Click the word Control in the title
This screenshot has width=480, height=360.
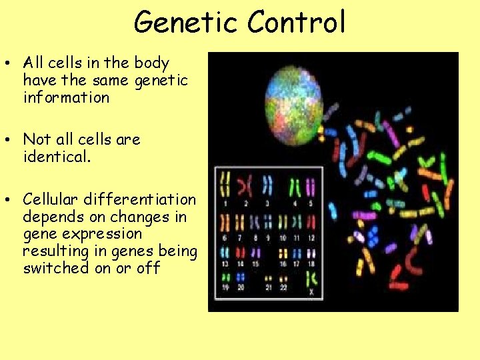(296, 22)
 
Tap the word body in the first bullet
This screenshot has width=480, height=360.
(151, 63)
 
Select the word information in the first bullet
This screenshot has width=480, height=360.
(65, 98)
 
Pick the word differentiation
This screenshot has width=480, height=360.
(140, 199)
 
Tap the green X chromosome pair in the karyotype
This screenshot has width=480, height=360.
(312, 282)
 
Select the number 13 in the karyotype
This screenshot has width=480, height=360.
(225, 264)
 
